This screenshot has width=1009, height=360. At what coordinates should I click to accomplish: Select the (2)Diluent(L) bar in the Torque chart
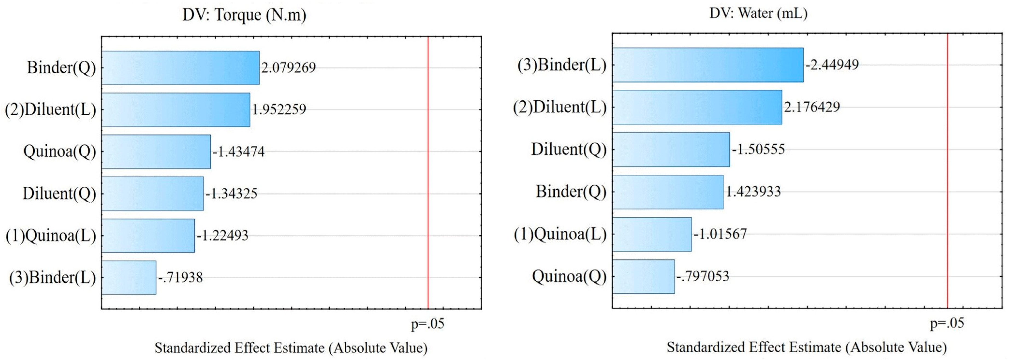click(176, 110)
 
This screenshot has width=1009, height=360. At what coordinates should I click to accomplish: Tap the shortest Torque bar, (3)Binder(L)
click(128, 277)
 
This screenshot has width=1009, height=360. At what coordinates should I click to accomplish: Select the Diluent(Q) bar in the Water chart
click(671, 149)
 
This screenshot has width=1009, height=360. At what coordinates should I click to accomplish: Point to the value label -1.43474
click(239, 152)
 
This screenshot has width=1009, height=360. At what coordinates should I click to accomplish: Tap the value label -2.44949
click(832, 65)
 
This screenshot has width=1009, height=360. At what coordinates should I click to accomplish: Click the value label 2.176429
click(812, 107)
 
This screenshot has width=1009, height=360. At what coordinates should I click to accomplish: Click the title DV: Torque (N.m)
click(244, 15)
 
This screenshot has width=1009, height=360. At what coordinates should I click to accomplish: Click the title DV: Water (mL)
click(758, 13)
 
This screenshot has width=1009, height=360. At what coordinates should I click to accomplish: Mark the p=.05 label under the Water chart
click(947, 323)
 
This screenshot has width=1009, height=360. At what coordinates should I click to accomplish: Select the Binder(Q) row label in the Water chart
click(571, 192)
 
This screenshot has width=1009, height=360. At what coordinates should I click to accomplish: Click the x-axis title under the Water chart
click(806, 347)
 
